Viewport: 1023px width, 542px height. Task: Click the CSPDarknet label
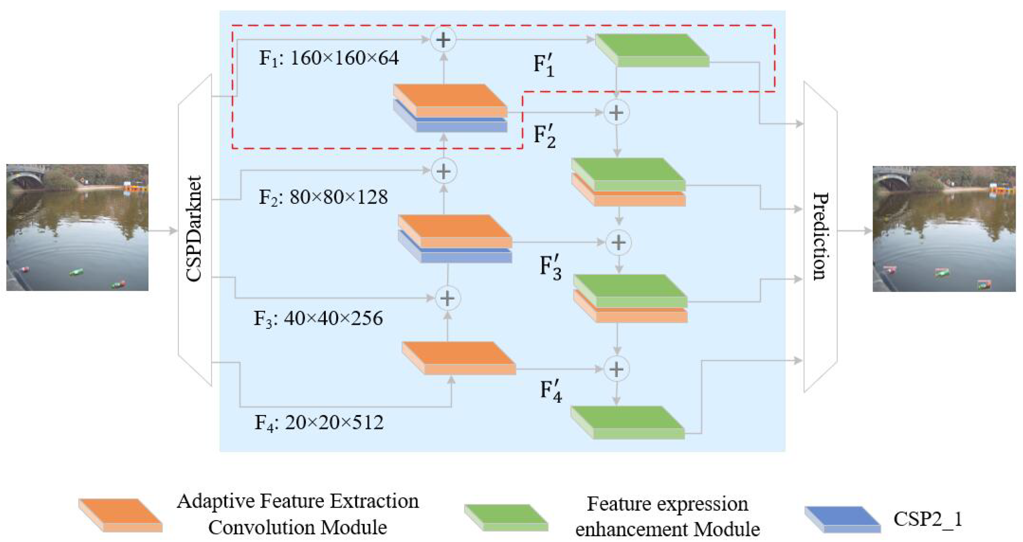click(194, 229)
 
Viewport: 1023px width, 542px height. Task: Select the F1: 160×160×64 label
click(329, 58)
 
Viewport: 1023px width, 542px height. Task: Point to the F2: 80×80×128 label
click(323, 197)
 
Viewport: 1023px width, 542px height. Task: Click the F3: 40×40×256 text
click(318, 318)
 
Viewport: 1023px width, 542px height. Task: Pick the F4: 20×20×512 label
click(319, 423)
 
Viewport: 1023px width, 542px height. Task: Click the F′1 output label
click(544, 65)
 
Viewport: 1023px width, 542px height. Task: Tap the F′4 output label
click(551, 392)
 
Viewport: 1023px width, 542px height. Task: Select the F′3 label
click(551, 268)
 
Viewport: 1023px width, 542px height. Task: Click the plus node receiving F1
click(444, 40)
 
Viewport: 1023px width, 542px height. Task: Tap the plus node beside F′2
click(616, 113)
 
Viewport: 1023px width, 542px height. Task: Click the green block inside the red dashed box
click(652, 50)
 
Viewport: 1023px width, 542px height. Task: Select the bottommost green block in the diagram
click(628, 422)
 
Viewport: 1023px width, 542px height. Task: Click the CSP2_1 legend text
click(928, 519)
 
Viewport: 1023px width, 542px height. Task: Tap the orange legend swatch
click(120, 515)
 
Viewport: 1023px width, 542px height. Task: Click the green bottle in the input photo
click(77, 272)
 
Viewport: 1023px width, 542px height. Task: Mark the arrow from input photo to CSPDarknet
click(163, 231)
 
